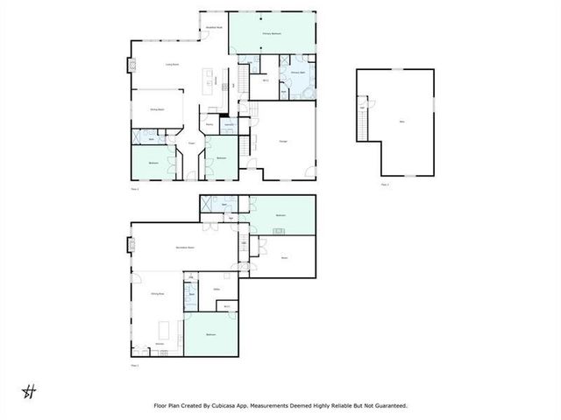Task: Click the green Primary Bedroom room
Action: pyautogui.click(x=272, y=34)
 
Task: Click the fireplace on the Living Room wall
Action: pyautogui.click(x=133, y=65)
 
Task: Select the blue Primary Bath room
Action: pyautogui.click(x=298, y=85)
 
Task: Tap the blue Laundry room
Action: pyautogui.click(x=229, y=126)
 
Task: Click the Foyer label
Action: pyautogui.click(x=191, y=142)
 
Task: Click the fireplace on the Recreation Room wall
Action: pyautogui.click(x=132, y=244)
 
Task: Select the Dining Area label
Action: pyautogui.click(x=158, y=295)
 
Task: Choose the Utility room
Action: pyautogui.click(x=216, y=288)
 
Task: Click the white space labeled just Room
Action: pyautogui.click(x=284, y=257)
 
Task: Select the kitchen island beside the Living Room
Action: pyautogui.click(x=210, y=84)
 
